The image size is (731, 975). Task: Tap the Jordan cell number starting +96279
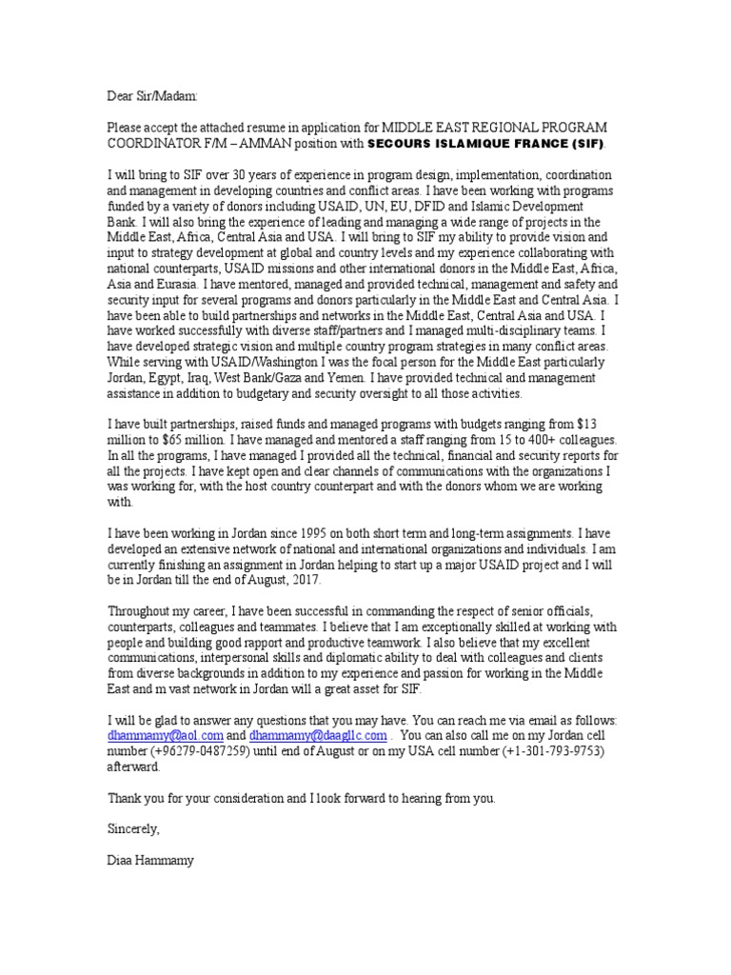click(x=214, y=752)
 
